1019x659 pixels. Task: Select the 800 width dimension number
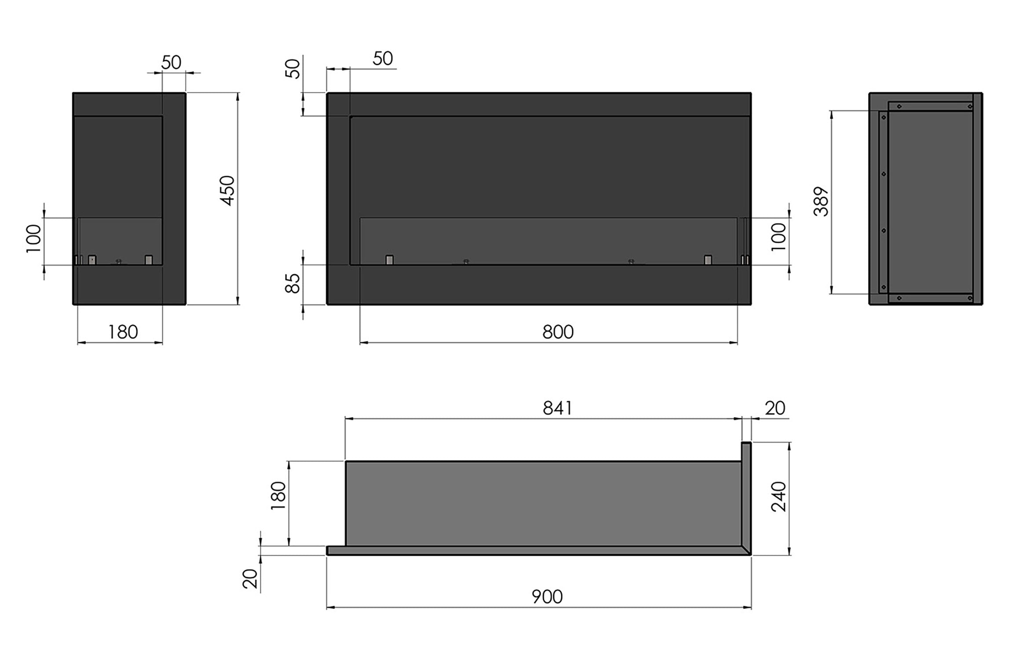pyautogui.click(x=558, y=332)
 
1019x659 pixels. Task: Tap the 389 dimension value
pyautogui.click(x=821, y=201)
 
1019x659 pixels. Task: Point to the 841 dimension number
pyautogui.click(x=557, y=409)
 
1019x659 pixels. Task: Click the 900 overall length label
pyautogui.click(x=547, y=597)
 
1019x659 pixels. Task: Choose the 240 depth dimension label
pyautogui.click(x=778, y=496)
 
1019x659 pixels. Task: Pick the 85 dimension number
pyautogui.click(x=293, y=283)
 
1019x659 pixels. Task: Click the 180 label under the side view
pyautogui.click(x=123, y=332)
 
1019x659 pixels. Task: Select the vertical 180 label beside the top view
pyautogui.click(x=278, y=496)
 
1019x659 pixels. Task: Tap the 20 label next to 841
pyautogui.click(x=774, y=409)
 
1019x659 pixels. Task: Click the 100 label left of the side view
pyautogui.click(x=33, y=238)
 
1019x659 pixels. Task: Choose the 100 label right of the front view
pyautogui.click(x=778, y=236)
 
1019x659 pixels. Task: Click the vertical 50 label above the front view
pyautogui.click(x=293, y=69)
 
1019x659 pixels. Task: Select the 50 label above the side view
pyautogui.click(x=171, y=63)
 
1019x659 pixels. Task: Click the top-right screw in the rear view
pyautogui.click(x=970, y=106)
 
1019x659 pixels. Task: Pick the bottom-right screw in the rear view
pyautogui.click(x=970, y=298)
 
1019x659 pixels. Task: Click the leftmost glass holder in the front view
pyautogui.click(x=389, y=260)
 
